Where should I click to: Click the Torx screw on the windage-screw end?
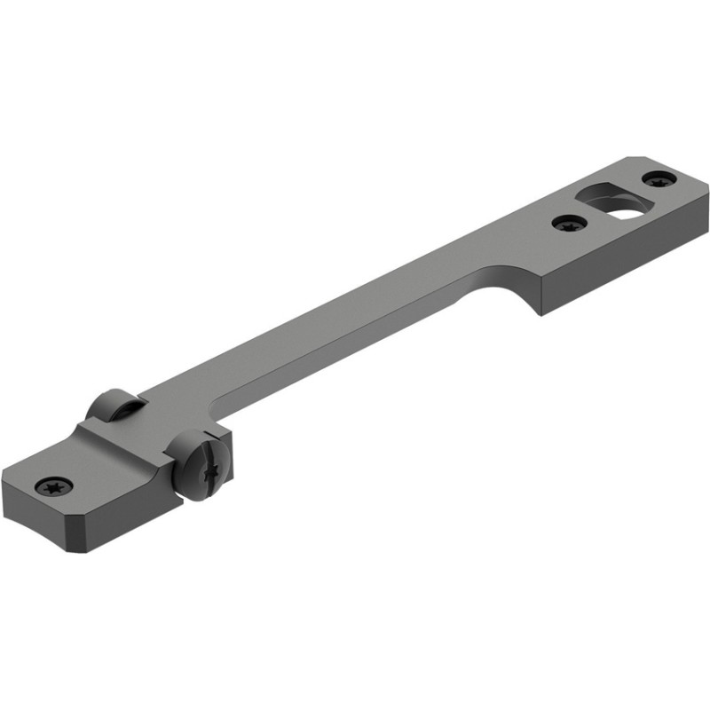click(x=52, y=485)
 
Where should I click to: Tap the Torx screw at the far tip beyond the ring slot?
click(x=658, y=181)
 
